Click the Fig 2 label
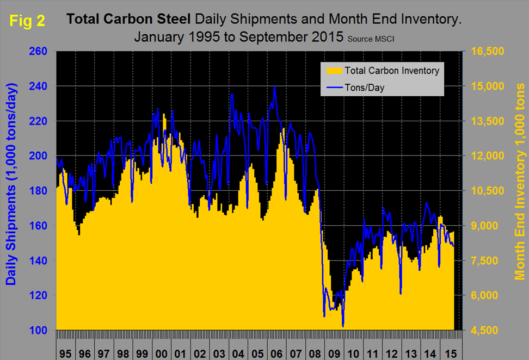click(27, 21)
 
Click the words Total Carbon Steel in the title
click(128, 20)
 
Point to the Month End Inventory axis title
click(520, 182)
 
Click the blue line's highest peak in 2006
click(275, 86)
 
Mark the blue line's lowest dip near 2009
click(343, 326)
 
